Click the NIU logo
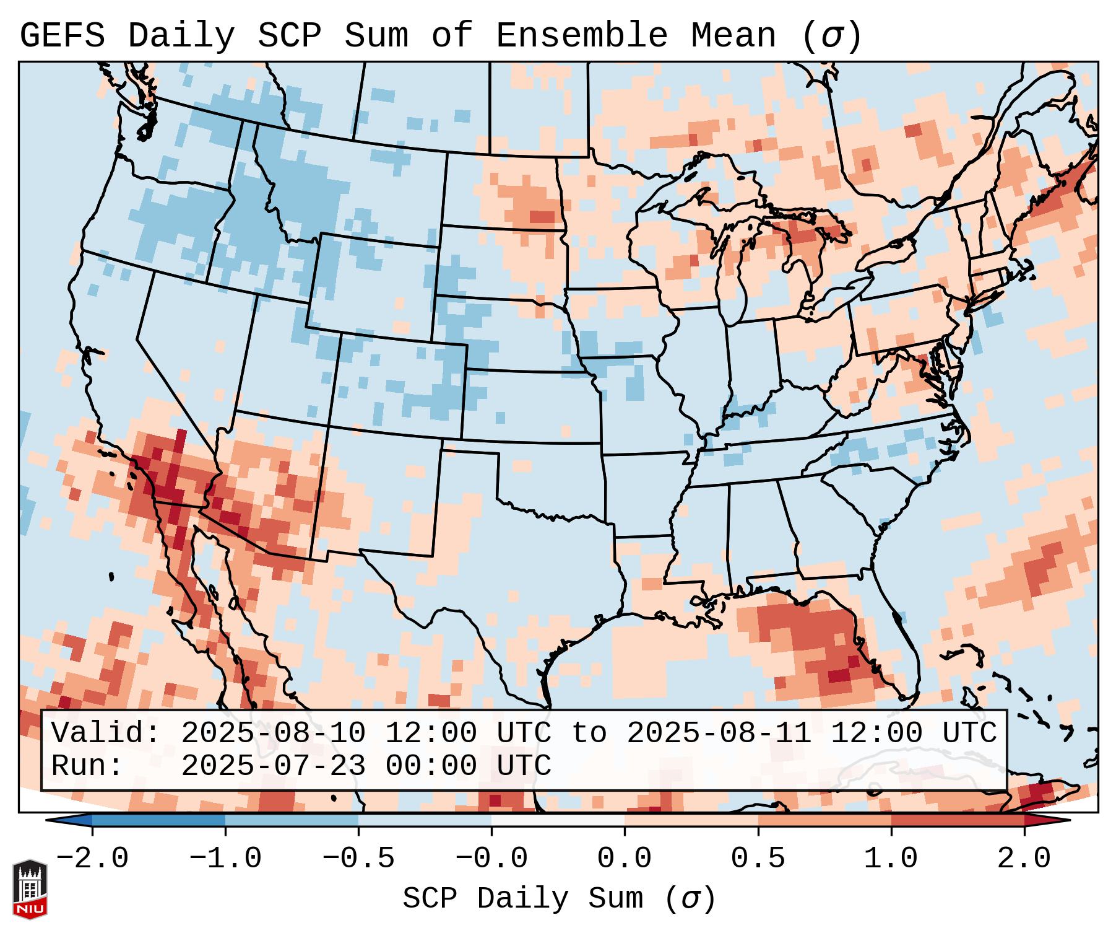point(30,888)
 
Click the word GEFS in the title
point(62,36)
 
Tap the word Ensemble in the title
point(582,36)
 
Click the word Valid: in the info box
point(105,734)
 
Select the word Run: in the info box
point(87,766)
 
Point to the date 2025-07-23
point(272,766)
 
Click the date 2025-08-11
point(718,734)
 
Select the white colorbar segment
point(558,821)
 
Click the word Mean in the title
point(733,36)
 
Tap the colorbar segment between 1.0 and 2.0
point(958,821)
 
